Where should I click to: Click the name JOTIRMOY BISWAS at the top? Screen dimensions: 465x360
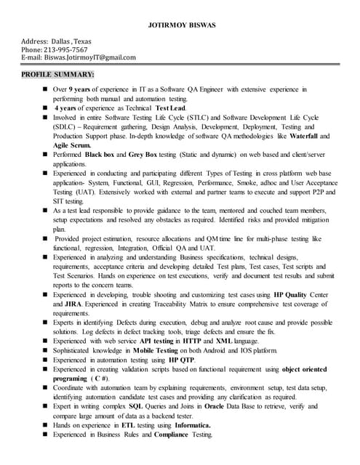pyautogui.click(x=180, y=25)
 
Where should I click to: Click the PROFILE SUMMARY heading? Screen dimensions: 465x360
pyautogui.click(x=57, y=74)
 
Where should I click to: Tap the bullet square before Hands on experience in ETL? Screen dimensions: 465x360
pyautogui.click(x=44, y=425)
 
